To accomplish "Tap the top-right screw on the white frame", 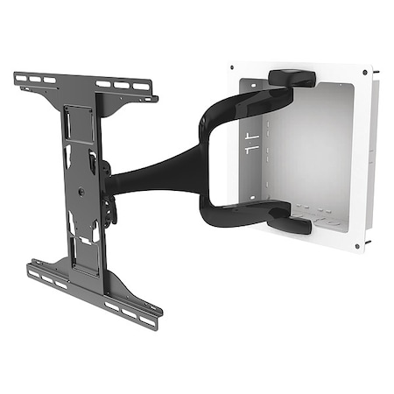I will [362, 71].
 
